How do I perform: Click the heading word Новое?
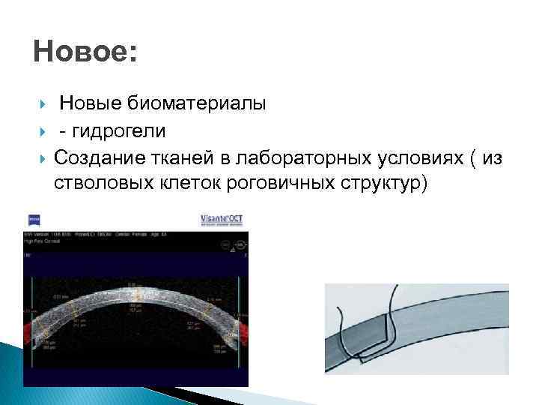tap(85, 53)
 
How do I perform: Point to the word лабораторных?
tap(297, 158)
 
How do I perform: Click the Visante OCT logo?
tap(222, 219)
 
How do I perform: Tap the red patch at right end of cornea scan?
tap(241, 330)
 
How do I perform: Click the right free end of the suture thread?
tap(395, 288)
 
